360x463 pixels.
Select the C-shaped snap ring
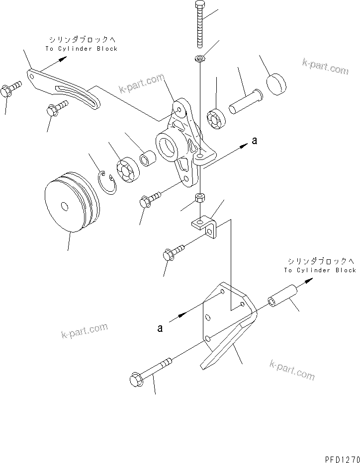coord(108,184)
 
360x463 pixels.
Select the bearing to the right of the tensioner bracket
coord(218,120)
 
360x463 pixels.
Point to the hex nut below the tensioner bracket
coord(200,198)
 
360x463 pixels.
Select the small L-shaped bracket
coord(205,226)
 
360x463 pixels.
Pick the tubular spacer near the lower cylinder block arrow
coord(282,296)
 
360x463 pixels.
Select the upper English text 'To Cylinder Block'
coord(82,49)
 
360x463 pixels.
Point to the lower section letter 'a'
coord(160,328)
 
